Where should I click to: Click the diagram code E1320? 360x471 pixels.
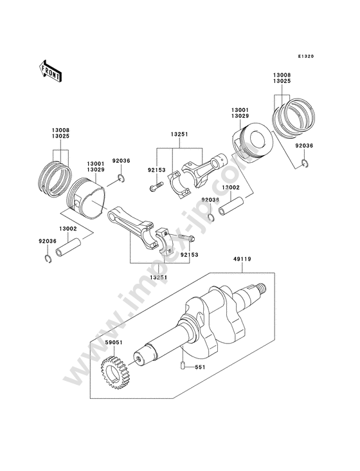pos(306,56)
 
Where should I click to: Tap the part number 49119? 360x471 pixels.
pos(242,259)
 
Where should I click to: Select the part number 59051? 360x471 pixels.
pos(114,342)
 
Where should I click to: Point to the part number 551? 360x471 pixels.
pos(200,367)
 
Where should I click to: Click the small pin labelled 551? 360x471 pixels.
pos(182,366)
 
